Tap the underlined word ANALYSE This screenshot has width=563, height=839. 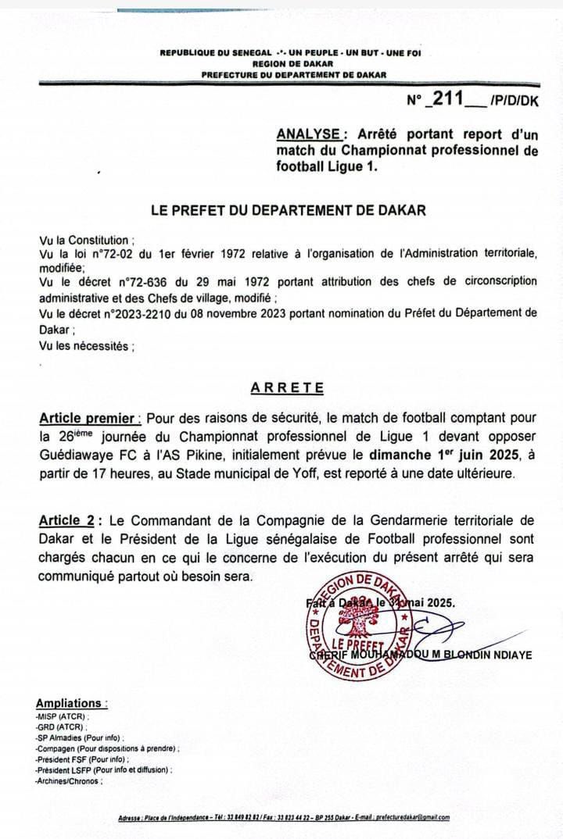(x=308, y=134)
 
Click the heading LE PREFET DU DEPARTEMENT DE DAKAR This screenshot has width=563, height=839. (x=289, y=209)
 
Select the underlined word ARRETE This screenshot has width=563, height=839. (x=287, y=387)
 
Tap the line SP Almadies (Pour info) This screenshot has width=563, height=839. (x=79, y=737)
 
